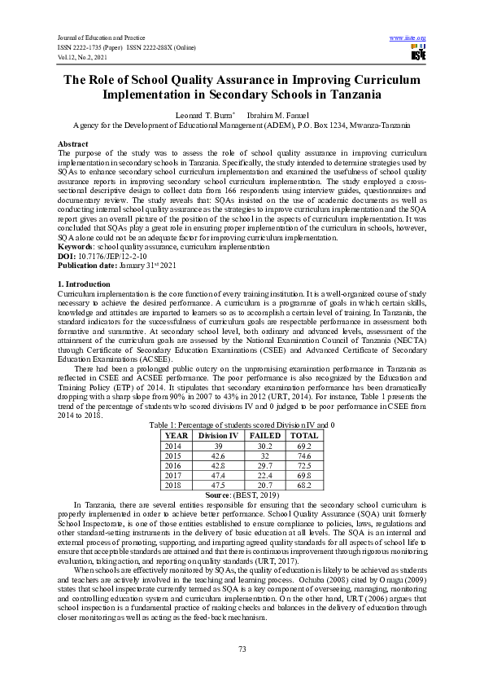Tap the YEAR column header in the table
pyautogui.click(x=177, y=436)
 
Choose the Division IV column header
pyautogui.click(x=218, y=436)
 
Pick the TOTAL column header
pyautogui.click(x=304, y=436)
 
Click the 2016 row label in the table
pyautogui.click(x=174, y=465)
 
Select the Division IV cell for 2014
pyautogui.click(x=218, y=446)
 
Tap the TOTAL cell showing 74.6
pyautogui.click(x=304, y=456)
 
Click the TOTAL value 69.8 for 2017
pyautogui.click(x=304, y=475)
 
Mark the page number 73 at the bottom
pyautogui.click(x=242, y=649)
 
